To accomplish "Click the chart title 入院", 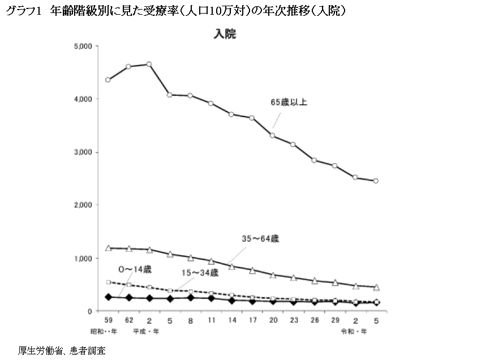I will click(225, 34).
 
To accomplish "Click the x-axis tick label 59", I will click(108, 320).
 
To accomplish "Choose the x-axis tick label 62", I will click(129, 320).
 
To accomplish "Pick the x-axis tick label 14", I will click(231, 320).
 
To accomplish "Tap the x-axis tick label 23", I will click(293, 320).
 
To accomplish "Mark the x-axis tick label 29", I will click(334, 320).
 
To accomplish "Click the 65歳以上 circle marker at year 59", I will click(108, 80).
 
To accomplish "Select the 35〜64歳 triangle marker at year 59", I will click(108, 248).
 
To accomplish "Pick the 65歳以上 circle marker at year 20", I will click(272, 135).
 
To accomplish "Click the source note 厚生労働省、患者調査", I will click(62, 350).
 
